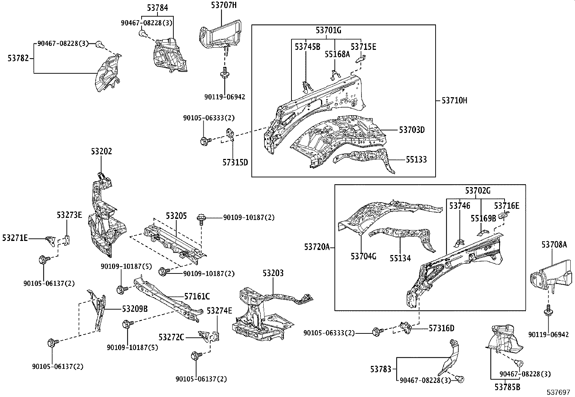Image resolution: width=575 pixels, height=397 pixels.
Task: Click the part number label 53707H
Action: (x=224, y=5)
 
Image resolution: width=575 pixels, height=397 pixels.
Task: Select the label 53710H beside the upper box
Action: (x=454, y=100)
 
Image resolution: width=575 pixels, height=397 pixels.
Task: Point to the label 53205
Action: (x=176, y=216)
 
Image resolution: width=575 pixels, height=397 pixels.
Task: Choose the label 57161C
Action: (x=197, y=297)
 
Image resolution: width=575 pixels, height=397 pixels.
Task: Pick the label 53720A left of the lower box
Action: (x=317, y=247)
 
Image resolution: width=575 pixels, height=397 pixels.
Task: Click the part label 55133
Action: (x=416, y=159)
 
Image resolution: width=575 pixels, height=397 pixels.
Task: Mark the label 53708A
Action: (x=554, y=245)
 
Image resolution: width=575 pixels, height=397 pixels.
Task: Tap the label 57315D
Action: (x=235, y=162)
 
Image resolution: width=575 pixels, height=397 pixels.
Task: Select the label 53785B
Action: (x=507, y=387)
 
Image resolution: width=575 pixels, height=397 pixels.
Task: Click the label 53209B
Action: (x=135, y=309)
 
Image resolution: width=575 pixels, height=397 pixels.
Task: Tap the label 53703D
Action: (x=411, y=130)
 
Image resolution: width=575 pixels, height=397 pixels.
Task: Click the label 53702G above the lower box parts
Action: (x=477, y=191)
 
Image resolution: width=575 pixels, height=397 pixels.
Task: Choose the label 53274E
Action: (x=219, y=311)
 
